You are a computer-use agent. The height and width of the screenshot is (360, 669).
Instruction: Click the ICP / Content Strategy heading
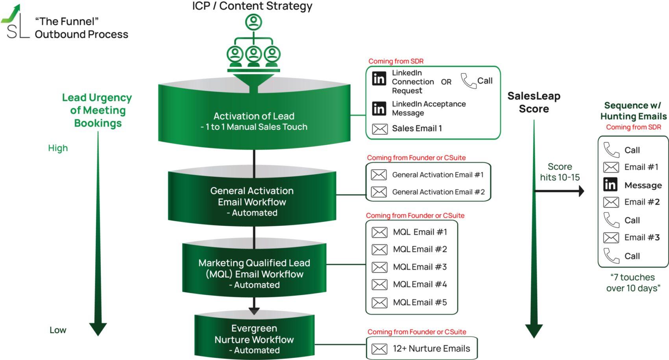(x=252, y=6)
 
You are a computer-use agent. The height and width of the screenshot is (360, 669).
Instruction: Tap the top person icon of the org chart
(x=254, y=22)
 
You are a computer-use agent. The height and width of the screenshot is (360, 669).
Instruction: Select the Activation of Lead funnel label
(x=254, y=121)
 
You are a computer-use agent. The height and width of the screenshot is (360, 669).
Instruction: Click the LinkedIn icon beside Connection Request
(x=379, y=79)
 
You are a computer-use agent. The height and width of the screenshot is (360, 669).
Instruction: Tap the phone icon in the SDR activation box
(x=468, y=81)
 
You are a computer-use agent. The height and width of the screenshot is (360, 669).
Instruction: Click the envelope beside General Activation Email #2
(x=379, y=192)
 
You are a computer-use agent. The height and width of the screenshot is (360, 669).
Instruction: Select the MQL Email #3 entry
(x=420, y=267)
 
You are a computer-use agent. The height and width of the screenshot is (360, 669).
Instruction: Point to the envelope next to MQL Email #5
(x=379, y=303)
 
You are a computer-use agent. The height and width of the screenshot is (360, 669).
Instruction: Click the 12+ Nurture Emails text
(x=431, y=349)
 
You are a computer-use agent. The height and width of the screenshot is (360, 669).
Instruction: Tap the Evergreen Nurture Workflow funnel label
(x=254, y=339)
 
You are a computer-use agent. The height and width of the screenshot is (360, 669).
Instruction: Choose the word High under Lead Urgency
(x=58, y=148)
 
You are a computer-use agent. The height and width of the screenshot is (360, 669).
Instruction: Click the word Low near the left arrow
(x=58, y=330)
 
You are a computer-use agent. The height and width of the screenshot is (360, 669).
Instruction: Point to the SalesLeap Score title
(x=534, y=102)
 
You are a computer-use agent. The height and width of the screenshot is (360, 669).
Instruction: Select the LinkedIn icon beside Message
(x=610, y=185)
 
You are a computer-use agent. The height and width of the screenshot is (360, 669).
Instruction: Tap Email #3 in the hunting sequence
(x=642, y=238)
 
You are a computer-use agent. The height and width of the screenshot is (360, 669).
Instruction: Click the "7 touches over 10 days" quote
(x=633, y=283)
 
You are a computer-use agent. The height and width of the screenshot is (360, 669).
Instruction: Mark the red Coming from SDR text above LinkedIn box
(x=396, y=61)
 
